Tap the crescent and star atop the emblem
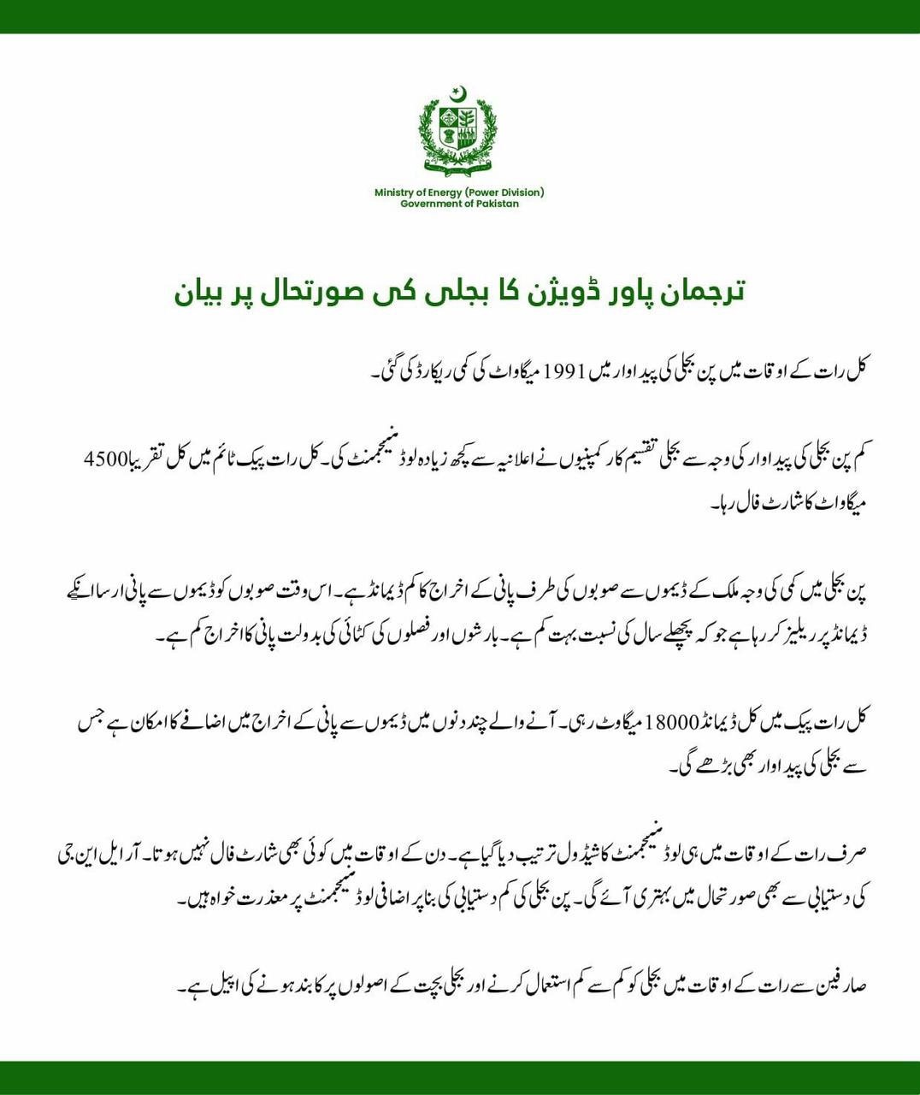pos(459,92)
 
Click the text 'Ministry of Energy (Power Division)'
pos(459,192)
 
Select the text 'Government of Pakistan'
pos(459,204)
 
